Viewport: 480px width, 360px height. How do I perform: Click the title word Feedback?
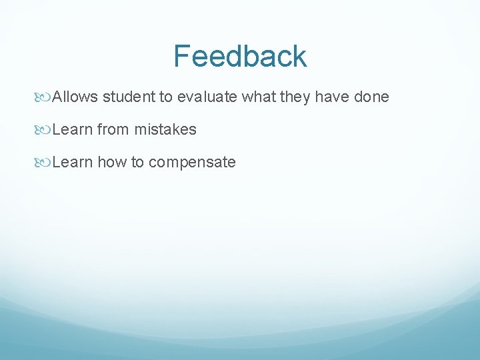[x=240, y=56]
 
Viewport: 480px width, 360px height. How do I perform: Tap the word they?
[x=295, y=97]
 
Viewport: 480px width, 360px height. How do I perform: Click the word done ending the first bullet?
[x=371, y=97]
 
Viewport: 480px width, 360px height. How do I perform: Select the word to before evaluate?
[x=165, y=97]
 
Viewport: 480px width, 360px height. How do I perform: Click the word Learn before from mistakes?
[x=72, y=129]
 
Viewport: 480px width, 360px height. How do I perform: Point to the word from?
[x=113, y=129]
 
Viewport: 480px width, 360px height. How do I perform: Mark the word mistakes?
[x=165, y=129]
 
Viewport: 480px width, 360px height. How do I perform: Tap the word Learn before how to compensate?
[x=72, y=162]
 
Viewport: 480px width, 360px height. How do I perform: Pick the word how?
[x=111, y=162]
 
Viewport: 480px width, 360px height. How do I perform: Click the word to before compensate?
[x=137, y=162]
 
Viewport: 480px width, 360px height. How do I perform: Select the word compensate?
[x=192, y=163]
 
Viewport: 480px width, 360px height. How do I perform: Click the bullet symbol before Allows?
[x=45, y=97]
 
